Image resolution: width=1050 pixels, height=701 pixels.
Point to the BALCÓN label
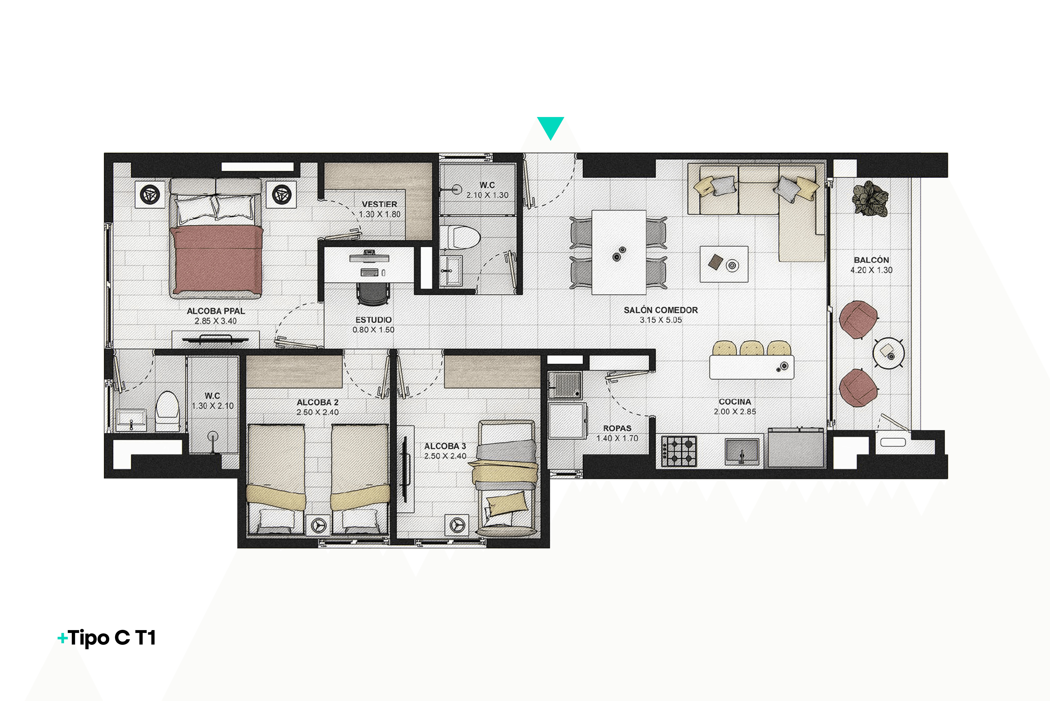click(x=871, y=260)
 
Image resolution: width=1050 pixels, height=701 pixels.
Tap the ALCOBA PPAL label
click(x=216, y=311)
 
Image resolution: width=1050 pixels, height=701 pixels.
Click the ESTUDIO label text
click(x=374, y=320)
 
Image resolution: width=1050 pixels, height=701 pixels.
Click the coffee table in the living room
click(x=724, y=264)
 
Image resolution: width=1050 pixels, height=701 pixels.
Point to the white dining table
click(x=619, y=252)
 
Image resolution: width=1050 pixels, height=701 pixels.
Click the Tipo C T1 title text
click(x=107, y=638)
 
